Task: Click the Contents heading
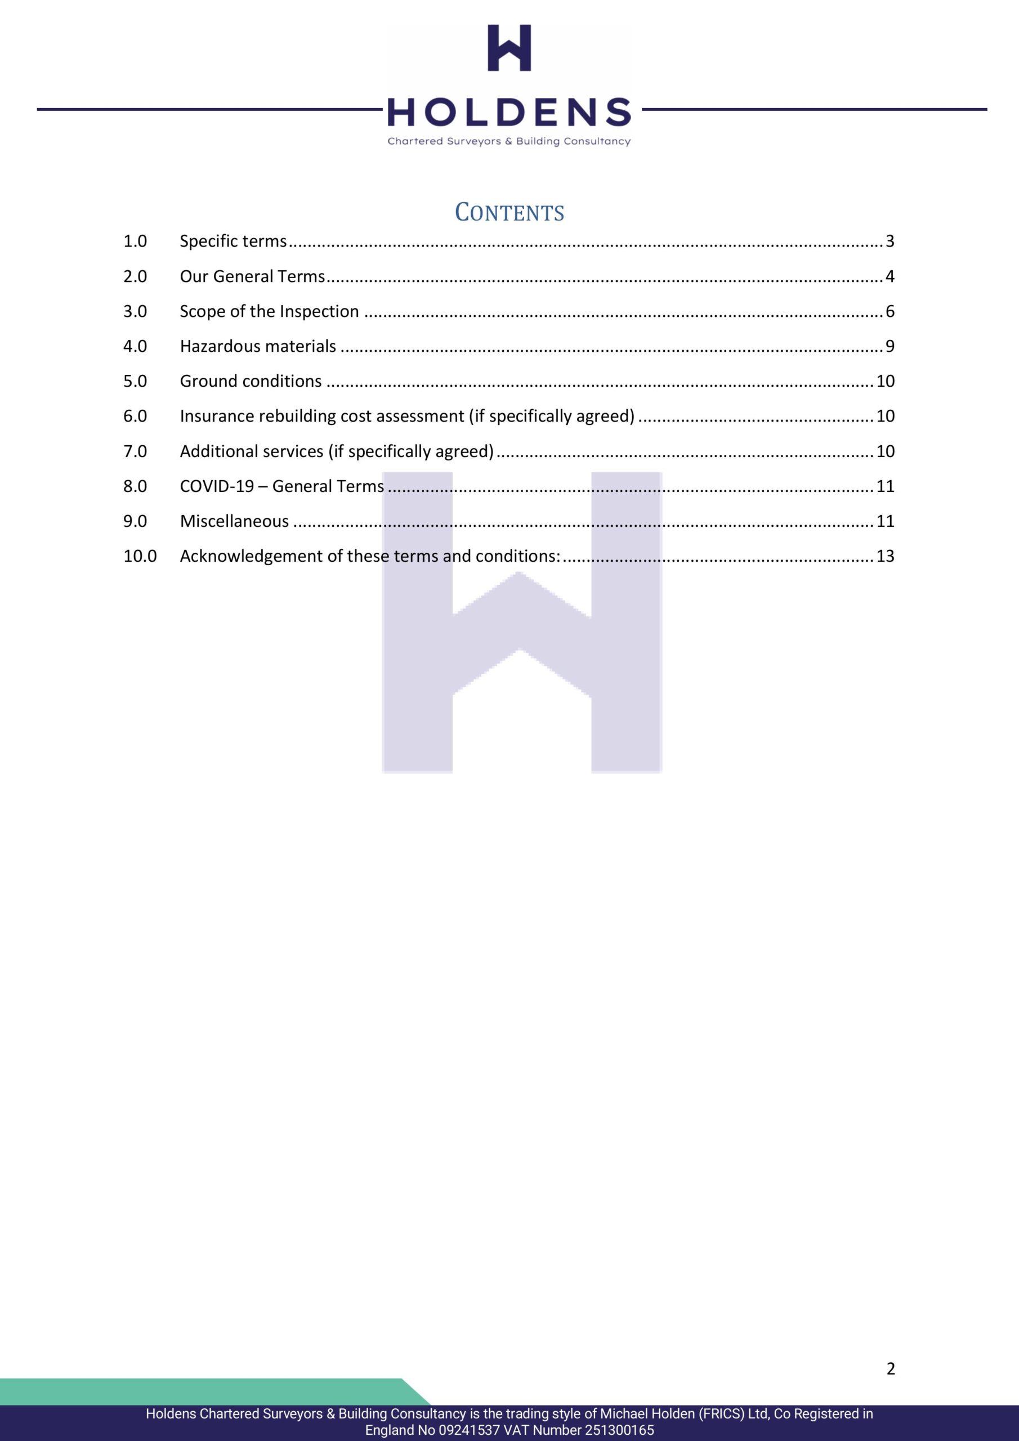point(509,212)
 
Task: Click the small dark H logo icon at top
point(509,48)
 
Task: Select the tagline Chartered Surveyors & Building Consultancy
point(509,141)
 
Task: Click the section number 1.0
point(135,241)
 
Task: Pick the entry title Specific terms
point(233,241)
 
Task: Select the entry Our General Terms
point(252,276)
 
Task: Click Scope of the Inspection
point(269,311)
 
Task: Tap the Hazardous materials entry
point(258,346)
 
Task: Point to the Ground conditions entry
point(251,381)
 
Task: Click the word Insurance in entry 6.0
point(214,416)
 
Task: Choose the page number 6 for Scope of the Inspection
point(890,311)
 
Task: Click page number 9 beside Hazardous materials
point(890,346)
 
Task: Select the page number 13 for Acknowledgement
point(885,556)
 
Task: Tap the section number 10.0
point(140,556)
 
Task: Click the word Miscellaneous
point(234,521)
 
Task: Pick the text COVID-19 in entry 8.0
point(217,486)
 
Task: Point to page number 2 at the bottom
point(890,1369)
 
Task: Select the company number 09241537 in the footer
point(469,1430)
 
